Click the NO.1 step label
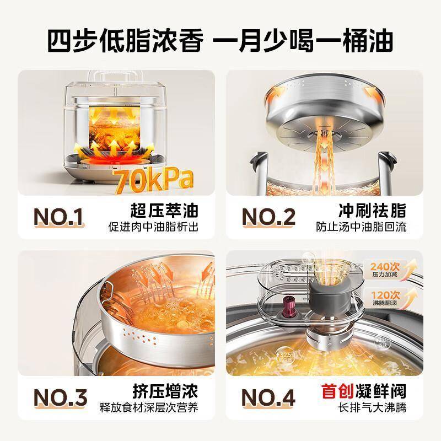click(x=58, y=217)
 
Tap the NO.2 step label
click(x=268, y=217)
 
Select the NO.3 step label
click(x=60, y=397)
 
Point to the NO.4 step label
click(x=268, y=397)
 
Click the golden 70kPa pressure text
click(x=153, y=180)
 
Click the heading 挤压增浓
click(x=165, y=391)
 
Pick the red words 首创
click(x=337, y=391)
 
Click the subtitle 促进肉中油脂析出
click(x=153, y=227)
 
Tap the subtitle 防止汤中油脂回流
click(x=361, y=227)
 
